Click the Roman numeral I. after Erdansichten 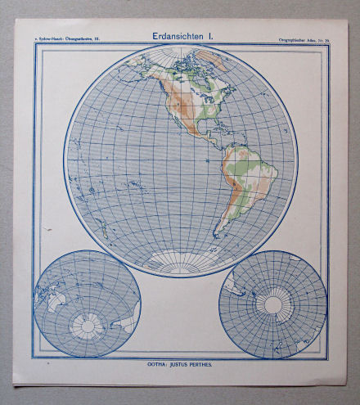pos(211,36)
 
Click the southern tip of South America pos(218,232)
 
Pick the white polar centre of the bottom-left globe pos(85,327)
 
